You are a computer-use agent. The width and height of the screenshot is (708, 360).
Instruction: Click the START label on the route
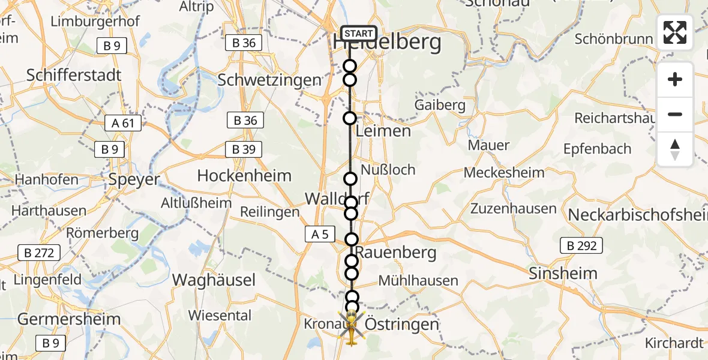click(x=359, y=34)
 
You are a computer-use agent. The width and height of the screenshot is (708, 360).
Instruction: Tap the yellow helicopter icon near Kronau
click(x=350, y=327)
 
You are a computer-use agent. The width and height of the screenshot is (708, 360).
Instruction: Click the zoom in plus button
click(x=675, y=80)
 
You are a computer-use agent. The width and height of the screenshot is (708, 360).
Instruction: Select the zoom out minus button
click(x=675, y=115)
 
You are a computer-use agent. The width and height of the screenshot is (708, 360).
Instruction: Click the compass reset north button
click(x=675, y=149)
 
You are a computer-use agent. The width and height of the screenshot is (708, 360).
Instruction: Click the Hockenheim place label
click(x=244, y=176)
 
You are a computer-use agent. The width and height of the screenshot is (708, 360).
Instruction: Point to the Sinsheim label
click(x=563, y=274)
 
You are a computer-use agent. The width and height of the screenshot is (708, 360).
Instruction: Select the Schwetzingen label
click(x=269, y=80)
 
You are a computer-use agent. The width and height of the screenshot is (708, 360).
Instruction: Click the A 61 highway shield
click(x=122, y=124)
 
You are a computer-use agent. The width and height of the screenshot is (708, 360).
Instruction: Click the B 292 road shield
click(x=581, y=245)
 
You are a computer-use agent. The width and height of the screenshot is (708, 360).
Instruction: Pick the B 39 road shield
click(x=244, y=149)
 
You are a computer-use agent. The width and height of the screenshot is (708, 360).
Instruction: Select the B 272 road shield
click(x=39, y=253)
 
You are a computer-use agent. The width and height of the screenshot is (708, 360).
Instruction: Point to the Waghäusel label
click(x=214, y=280)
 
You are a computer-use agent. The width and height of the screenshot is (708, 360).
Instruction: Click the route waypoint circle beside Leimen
click(x=350, y=118)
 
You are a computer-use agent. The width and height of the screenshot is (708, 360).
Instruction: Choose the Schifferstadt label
click(x=74, y=75)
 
